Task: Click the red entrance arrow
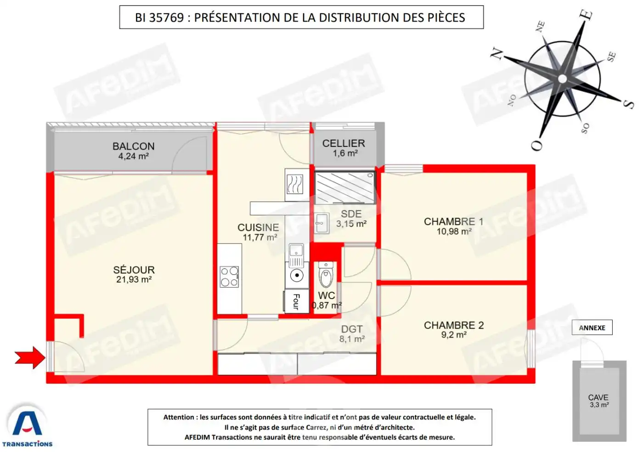(x=30, y=357)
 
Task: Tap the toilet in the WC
(x=326, y=275)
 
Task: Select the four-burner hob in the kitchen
(x=229, y=277)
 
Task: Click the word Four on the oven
(x=297, y=301)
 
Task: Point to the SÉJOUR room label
(x=134, y=270)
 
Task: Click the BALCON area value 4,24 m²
(x=134, y=156)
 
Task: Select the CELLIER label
(x=344, y=143)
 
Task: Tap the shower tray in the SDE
(x=344, y=187)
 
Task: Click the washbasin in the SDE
(x=321, y=223)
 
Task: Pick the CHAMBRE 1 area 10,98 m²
(x=454, y=232)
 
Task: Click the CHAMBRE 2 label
(x=454, y=325)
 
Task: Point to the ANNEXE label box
(x=592, y=328)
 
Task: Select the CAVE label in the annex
(x=598, y=397)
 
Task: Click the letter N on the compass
(x=497, y=54)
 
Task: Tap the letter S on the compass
(x=629, y=104)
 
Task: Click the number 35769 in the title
(x=166, y=17)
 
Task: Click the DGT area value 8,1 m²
(x=352, y=339)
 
